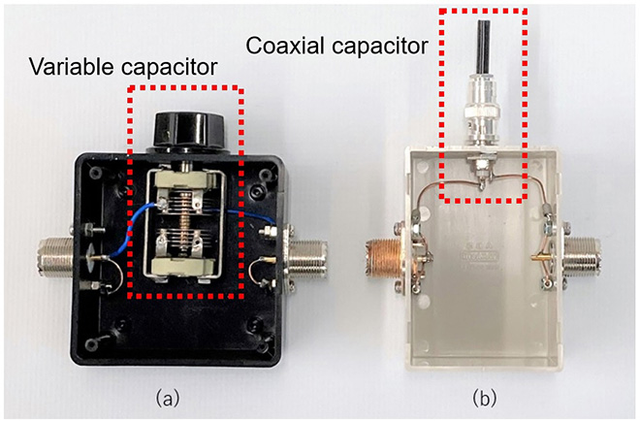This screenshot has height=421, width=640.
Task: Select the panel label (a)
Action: pos(167,398)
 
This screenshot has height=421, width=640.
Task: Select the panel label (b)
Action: pos(485,398)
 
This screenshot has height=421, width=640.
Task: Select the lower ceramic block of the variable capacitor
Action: pos(182,268)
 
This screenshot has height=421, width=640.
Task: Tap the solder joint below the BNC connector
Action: pos(483,183)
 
